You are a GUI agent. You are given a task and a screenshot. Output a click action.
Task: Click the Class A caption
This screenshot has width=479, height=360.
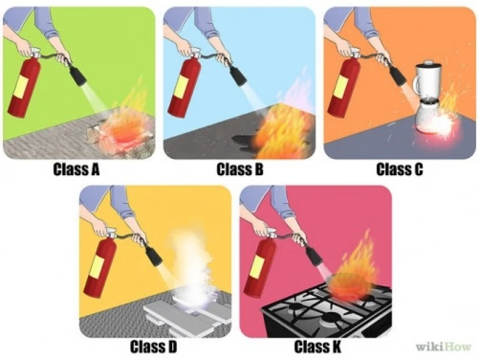click(76, 169)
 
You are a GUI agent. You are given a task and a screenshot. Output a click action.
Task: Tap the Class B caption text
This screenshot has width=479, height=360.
click(240, 169)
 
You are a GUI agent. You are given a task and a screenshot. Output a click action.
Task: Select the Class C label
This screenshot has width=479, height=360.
click(400, 169)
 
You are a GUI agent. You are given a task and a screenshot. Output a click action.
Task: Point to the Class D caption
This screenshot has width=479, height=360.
click(153, 347)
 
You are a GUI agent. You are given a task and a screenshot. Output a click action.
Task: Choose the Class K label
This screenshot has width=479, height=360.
click(317, 347)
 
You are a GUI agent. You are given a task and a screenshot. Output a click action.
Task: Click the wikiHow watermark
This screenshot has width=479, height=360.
click(444, 347)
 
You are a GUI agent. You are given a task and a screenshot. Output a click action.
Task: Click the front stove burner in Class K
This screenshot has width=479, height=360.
click(329, 318)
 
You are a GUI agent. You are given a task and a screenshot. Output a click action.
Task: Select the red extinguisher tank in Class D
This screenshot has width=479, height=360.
click(100, 267)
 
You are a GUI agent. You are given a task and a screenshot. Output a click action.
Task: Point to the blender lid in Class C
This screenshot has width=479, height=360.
click(429, 64)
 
